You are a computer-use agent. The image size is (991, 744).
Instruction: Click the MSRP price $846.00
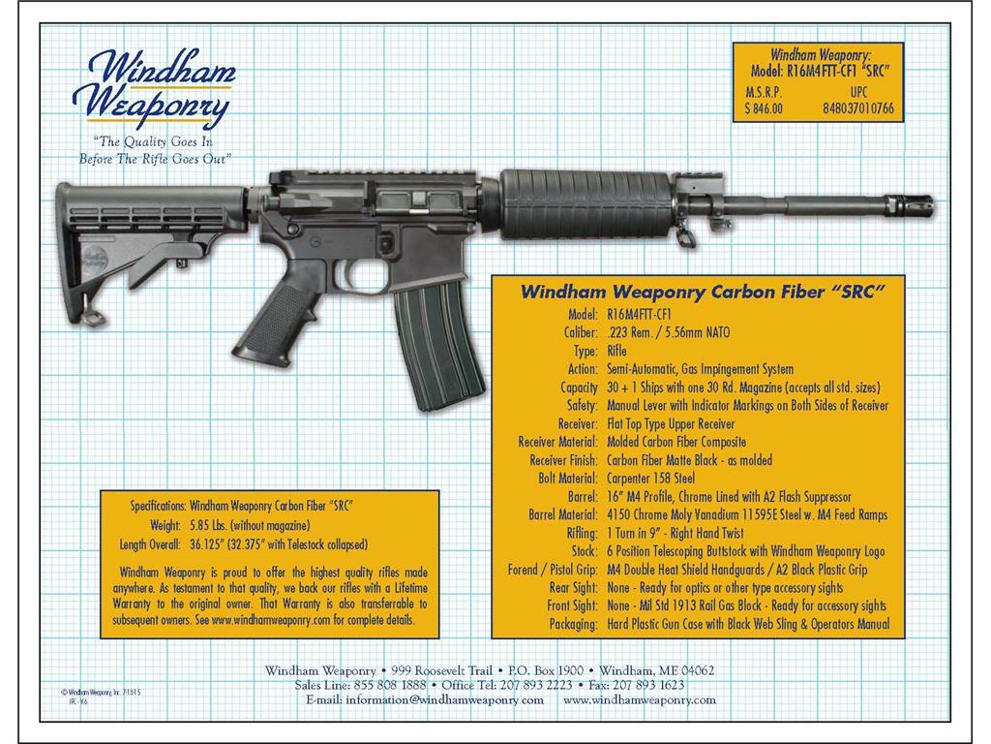(764, 109)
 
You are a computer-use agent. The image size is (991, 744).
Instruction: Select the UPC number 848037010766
(858, 109)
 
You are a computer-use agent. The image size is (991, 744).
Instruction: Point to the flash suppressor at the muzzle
(915, 206)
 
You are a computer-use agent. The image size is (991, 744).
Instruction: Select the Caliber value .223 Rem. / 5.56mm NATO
(668, 332)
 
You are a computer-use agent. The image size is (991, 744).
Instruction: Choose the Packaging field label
(574, 624)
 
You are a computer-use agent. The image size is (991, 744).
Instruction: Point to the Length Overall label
(150, 543)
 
